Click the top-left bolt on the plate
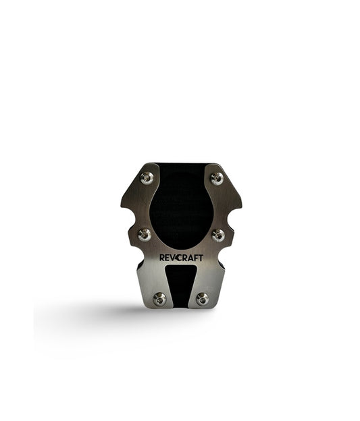147,177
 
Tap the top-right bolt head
217,178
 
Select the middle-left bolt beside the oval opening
145,235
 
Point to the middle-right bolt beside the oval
219,235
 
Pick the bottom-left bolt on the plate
160,298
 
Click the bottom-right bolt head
202,298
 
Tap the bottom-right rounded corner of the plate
220,303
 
